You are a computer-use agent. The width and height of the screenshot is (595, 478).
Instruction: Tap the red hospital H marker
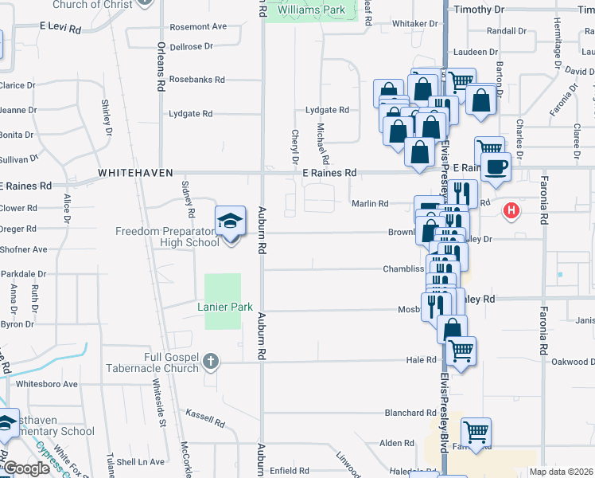[x=512, y=211]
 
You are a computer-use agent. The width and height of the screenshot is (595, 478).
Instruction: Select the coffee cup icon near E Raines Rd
[x=496, y=167]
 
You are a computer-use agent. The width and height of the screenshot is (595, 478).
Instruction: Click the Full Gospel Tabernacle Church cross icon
[x=210, y=362]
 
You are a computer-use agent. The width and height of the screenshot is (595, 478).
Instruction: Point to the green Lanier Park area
[x=223, y=301]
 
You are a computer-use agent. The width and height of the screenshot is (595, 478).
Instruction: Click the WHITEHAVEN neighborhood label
[x=130, y=172]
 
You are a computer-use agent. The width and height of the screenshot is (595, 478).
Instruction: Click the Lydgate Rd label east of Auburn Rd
[x=327, y=110]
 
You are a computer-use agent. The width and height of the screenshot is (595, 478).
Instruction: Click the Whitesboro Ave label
[x=48, y=384]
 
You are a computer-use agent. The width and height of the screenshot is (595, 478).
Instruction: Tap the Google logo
[x=26, y=468]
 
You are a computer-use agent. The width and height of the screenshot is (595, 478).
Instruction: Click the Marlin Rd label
[x=371, y=203]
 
